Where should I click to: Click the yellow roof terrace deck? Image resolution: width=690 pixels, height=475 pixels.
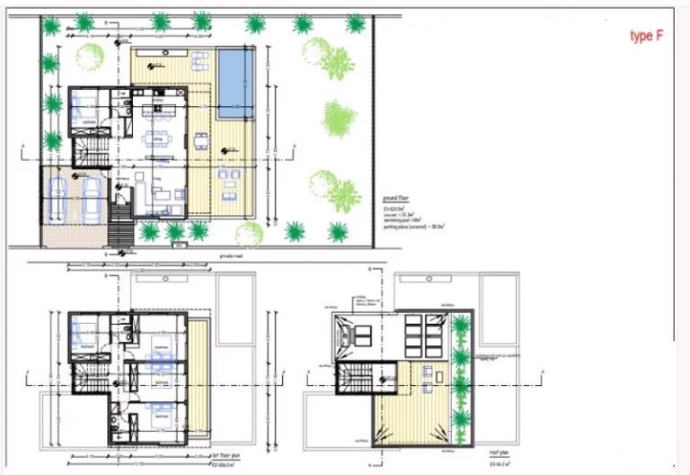click(413, 405)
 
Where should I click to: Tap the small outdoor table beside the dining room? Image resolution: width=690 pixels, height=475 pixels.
click(199, 140)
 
